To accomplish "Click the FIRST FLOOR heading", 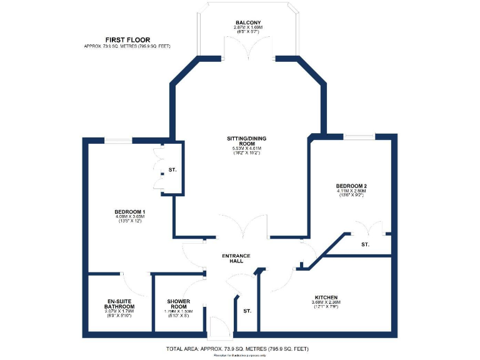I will click(127, 39).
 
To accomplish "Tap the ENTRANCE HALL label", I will click(236, 259).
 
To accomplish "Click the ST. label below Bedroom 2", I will click(365, 245).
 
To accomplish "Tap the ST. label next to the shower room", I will click(247, 311).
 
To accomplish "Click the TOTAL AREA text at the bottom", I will click(237, 348).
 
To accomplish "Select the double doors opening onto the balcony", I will click(248, 50).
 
